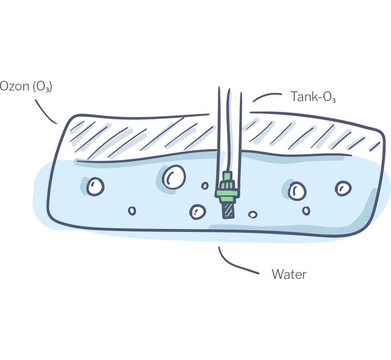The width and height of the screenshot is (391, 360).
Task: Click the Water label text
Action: [x=289, y=275]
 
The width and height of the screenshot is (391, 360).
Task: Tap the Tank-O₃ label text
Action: [x=313, y=97]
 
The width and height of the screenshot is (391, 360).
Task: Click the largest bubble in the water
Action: [x=174, y=177]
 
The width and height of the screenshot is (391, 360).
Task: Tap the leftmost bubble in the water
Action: [x=95, y=187]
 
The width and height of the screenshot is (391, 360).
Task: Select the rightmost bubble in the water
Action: [x=343, y=188]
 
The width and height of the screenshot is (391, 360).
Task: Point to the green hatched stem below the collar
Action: [x=228, y=209]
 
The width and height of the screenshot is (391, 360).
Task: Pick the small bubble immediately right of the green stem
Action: [x=253, y=214]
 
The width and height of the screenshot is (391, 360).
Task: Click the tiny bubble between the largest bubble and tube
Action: [x=205, y=186]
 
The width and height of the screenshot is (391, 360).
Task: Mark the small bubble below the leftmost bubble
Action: [x=132, y=211]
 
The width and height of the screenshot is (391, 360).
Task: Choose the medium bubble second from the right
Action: [x=297, y=191]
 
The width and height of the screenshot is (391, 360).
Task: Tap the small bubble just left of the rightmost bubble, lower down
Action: [x=306, y=211]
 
